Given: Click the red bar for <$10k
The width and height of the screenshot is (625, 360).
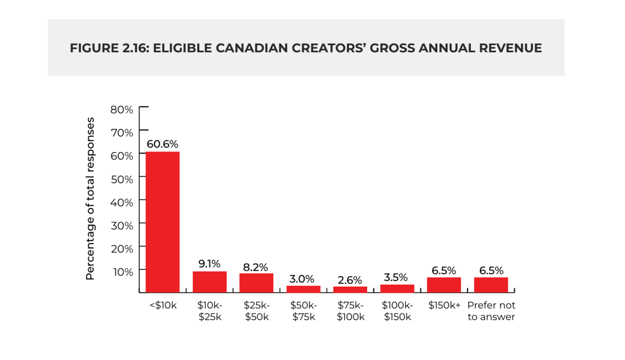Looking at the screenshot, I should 163,222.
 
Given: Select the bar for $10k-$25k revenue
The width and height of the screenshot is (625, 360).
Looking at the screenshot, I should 209,282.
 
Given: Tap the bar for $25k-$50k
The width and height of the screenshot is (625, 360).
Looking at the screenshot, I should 256,283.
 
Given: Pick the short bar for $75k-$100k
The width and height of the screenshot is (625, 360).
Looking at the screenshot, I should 350,289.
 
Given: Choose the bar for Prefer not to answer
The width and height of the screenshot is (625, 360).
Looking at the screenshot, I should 491,285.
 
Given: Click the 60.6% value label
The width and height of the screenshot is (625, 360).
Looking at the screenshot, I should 163,144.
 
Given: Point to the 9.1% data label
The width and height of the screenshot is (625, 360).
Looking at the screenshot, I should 209,264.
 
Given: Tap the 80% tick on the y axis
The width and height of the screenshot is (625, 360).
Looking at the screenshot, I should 122,109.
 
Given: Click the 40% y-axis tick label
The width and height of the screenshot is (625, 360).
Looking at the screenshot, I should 122,202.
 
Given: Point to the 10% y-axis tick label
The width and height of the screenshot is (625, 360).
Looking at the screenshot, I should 122,272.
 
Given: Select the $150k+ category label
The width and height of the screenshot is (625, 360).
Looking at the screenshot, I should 444,306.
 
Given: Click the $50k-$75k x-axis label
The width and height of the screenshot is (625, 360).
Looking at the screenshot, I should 303,311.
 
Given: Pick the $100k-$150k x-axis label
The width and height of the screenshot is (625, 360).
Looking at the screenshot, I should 397,311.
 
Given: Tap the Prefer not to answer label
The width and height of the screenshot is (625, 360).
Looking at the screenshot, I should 491,311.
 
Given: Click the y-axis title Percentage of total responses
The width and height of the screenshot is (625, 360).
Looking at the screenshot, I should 90,199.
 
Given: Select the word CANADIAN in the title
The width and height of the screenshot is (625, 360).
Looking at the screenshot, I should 252,48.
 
